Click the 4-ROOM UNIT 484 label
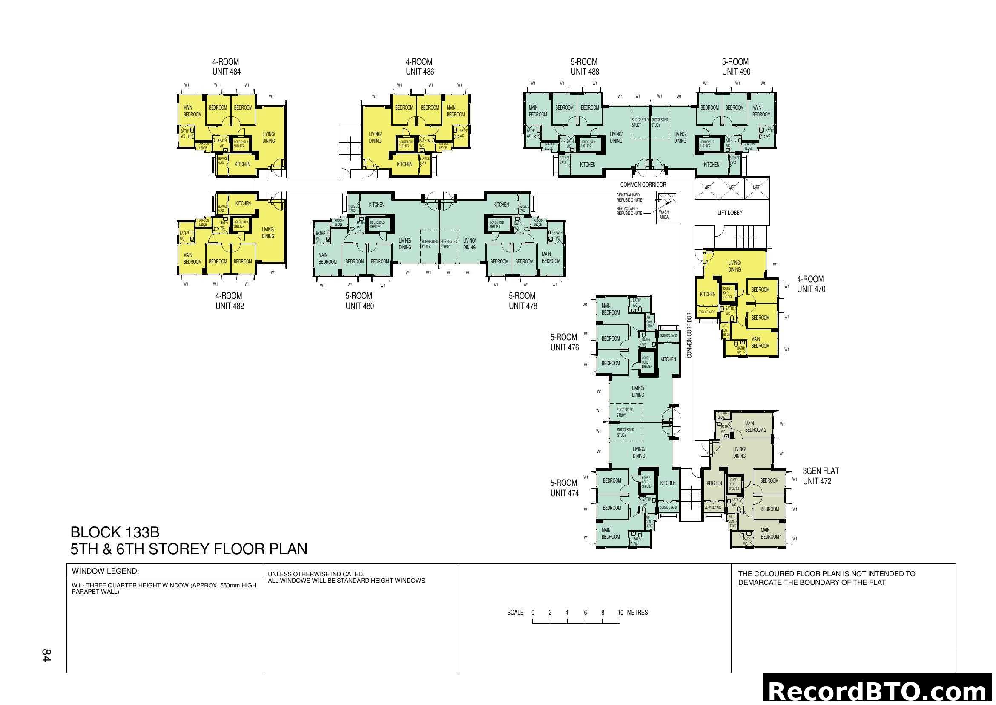point(226,67)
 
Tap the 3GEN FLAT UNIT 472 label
point(820,476)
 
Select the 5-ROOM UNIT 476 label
point(564,342)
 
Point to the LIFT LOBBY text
point(730,213)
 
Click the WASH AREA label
point(664,214)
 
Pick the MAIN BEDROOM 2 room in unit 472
point(755,426)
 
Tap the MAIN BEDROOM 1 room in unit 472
point(770,533)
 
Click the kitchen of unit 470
point(708,295)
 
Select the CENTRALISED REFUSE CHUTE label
point(629,197)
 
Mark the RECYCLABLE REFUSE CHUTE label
point(629,211)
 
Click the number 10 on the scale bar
point(620,613)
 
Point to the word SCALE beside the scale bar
point(515,613)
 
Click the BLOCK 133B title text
point(115,532)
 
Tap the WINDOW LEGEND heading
point(106,571)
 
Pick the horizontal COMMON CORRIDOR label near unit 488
point(643,185)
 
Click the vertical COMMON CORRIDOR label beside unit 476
point(689,335)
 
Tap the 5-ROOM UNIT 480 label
point(359,301)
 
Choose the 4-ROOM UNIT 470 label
point(811,284)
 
